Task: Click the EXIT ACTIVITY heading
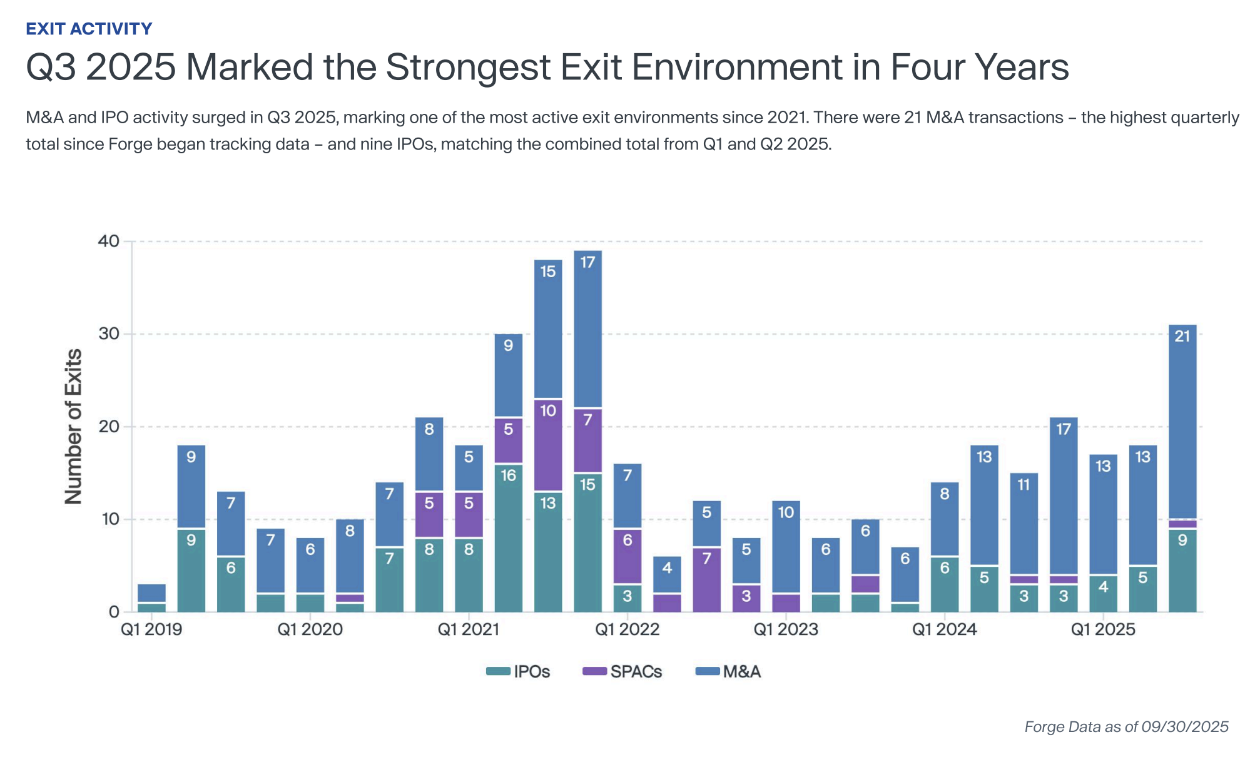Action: [x=89, y=29]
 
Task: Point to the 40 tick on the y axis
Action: [x=109, y=241]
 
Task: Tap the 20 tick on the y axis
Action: [x=109, y=427]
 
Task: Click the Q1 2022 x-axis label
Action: [x=627, y=629]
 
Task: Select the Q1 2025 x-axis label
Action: [x=1102, y=629]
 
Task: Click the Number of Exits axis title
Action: [x=74, y=427]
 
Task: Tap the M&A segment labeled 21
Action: [x=1182, y=421]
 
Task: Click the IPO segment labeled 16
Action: [x=508, y=538]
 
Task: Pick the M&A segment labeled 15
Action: [x=548, y=329]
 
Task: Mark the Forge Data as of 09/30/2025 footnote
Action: [x=1126, y=727]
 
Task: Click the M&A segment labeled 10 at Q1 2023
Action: [x=786, y=547]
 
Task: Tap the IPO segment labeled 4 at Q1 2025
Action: [x=1103, y=593]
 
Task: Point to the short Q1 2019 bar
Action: [x=151, y=597]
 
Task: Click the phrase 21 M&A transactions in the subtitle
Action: [x=983, y=118]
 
